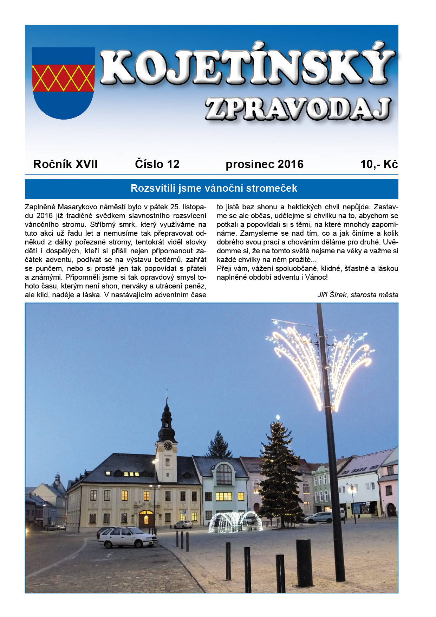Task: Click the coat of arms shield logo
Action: tap(63, 83)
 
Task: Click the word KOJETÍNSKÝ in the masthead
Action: tap(248, 67)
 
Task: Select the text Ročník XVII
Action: tap(65, 164)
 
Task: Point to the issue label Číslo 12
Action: tap(157, 164)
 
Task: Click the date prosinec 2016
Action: tap(265, 164)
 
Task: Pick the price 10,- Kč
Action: tap(379, 164)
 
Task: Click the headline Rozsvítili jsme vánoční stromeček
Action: tap(214, 189)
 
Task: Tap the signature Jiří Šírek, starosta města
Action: tap(358, 295)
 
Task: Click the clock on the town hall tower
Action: tap(168, 445)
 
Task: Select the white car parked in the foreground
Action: tap(128, 537)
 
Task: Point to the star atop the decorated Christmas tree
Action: tap(278, 418)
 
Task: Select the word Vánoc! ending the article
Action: tap(316, 277)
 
